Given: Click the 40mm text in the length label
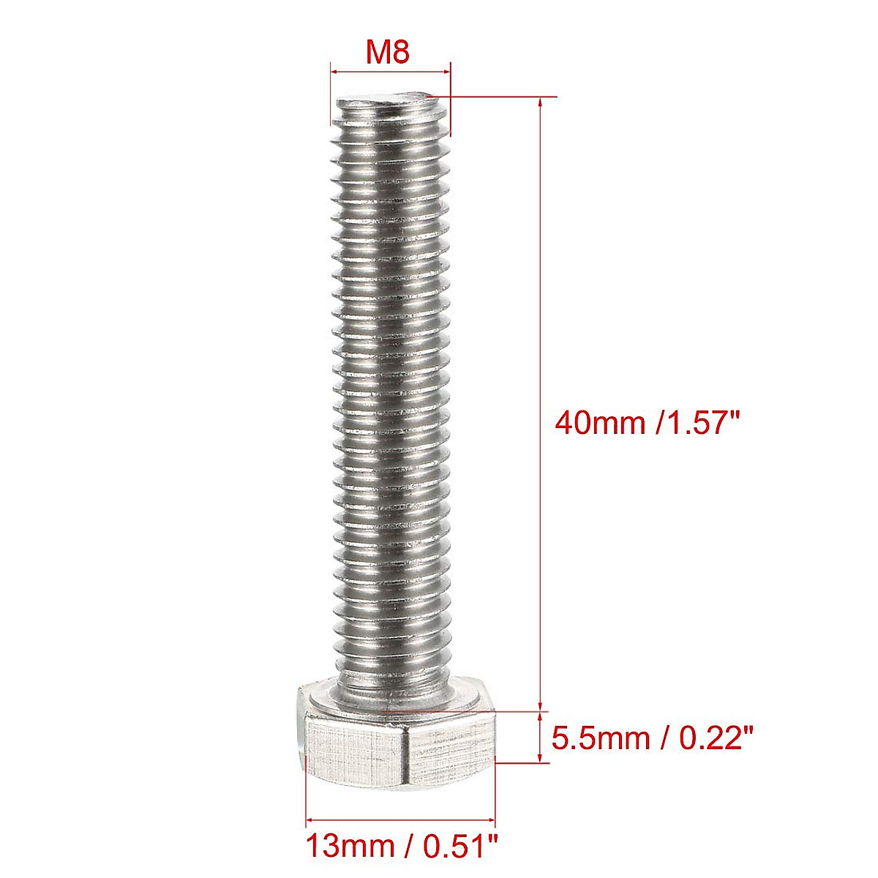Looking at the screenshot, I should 599,422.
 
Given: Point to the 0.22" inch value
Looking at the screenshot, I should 717,738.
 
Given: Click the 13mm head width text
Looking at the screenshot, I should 348,848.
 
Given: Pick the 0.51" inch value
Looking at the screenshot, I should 458,848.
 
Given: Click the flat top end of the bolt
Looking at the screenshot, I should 384,102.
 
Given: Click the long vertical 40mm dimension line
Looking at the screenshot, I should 541,402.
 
